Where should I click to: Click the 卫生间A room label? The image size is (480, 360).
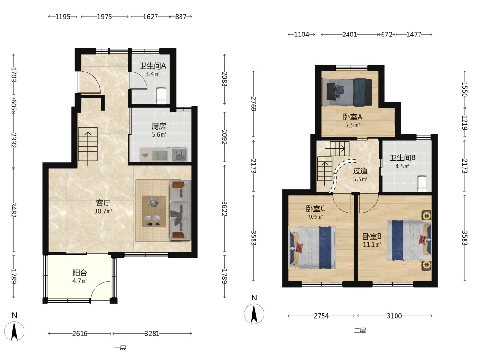click(x=153, y=66)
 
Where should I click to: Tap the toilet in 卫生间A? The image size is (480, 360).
click(x=161, y=96)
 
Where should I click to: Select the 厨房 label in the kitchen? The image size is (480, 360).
click(x=159, y=126)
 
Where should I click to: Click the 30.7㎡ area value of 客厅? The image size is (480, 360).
click(x=103, y=211)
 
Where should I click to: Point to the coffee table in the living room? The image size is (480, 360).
click(x=154, y=211)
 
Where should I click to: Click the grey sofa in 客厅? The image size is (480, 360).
click(x=180, y=210)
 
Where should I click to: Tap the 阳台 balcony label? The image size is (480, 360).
click(x=80, y=273)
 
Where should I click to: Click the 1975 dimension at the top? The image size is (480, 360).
click(x=104, y=17)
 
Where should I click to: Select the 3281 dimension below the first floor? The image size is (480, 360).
click(x=152, y=334)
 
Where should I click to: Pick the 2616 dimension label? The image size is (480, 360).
click(x=80, y=334)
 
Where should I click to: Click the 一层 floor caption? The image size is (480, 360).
click(x=120, y=348)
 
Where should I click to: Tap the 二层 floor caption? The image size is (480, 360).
click(x=360, y=330)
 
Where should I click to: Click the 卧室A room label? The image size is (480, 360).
click(x=353, y=117)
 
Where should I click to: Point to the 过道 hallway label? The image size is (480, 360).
click(x=360, y=171)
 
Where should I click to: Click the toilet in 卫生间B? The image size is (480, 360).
click(x=422, y=184)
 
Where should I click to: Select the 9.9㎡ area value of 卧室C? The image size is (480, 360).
click(x=315, y=217)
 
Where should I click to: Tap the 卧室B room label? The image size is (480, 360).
click(x=372, y=236)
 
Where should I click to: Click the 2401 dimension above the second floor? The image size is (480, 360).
click(x=349, y=34)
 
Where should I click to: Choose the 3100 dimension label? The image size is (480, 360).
click(x=394, y=316)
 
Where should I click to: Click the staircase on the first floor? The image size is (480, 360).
click(x=88, y=144)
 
